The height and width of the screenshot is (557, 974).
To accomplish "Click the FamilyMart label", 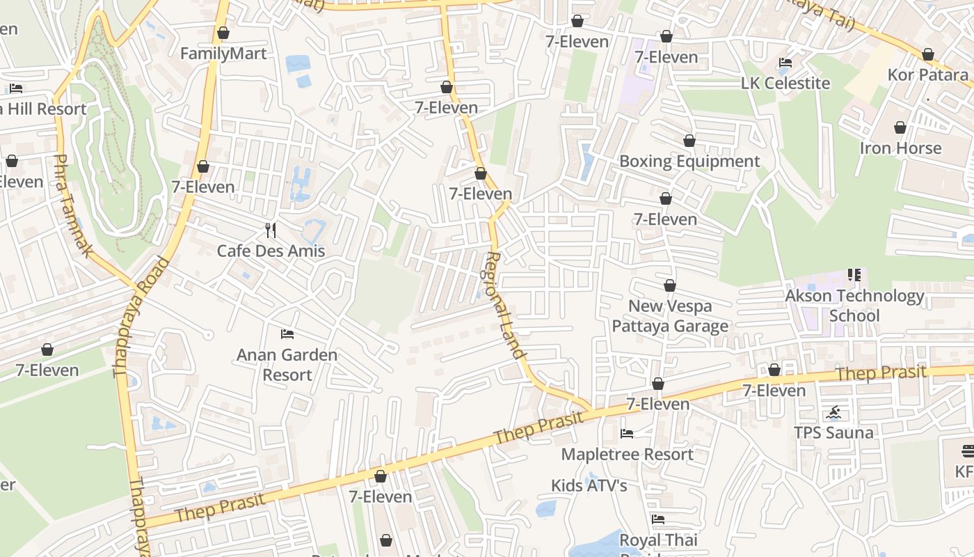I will click(223, 54).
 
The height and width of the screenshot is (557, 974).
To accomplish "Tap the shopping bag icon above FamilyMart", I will click(223, 33).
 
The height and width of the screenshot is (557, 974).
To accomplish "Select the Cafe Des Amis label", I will click(271, 251).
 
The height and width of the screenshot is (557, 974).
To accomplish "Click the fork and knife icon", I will click(271, 230).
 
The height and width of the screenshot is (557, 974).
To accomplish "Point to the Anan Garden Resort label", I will click(287, 364).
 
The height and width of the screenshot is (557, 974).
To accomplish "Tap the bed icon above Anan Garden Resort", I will click(287, 334).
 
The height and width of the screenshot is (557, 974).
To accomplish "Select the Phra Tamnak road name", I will click(72, 205).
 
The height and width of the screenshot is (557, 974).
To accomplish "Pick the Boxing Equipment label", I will click(689, 162).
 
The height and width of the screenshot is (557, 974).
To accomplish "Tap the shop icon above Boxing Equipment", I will click(689, 141).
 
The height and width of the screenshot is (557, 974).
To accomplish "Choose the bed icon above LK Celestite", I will click(785, 63).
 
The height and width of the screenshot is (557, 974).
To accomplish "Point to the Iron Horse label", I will click(900, 148).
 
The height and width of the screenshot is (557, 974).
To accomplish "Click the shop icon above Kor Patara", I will click(927, 54).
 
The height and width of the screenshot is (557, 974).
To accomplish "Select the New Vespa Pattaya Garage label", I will click(669, 315).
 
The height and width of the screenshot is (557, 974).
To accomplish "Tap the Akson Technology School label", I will click(854, 306).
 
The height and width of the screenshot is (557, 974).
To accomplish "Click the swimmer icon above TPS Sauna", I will click(834, 413).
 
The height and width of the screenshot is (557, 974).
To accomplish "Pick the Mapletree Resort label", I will click(627, 455).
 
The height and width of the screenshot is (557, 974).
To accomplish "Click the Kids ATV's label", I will click(589, 485).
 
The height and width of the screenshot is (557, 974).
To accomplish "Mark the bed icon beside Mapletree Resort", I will click(627, 434).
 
